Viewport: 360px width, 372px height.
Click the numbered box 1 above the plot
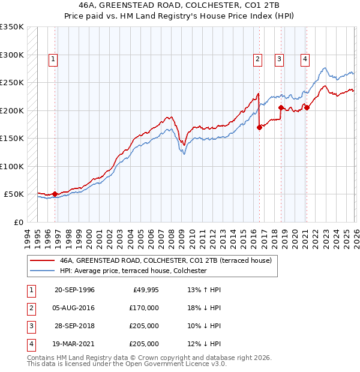pos(53,59)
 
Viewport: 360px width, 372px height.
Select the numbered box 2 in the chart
pos(257,59)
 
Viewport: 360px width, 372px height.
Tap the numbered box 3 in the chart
pos(280,59)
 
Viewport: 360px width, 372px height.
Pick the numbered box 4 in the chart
pos(305,59)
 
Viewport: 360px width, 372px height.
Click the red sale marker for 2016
pos(259,127)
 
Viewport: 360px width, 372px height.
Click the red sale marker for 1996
pos(55,194)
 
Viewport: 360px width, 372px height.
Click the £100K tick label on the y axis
pos(12,166)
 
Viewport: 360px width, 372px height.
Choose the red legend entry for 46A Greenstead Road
pos(166,260)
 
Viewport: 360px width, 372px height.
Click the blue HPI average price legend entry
pos(133,271)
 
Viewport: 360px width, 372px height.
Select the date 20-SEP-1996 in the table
pos(74,290)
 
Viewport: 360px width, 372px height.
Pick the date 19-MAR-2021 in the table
pos(74,344)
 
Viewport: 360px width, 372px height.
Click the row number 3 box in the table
pos(31,327)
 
